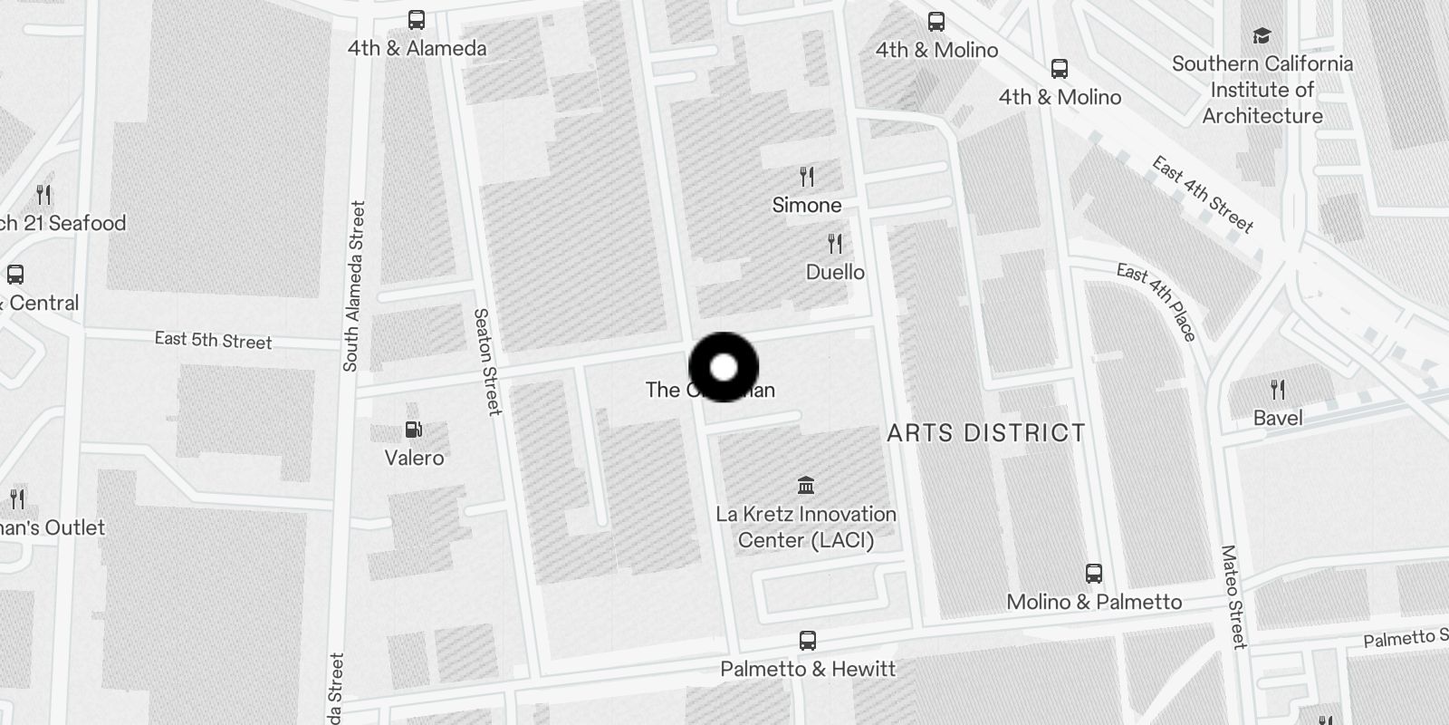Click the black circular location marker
(724, 367)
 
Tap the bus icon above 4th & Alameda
(417, 20)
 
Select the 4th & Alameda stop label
(417, 49)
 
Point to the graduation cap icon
(1262, 36)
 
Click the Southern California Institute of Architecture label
(1262, 90)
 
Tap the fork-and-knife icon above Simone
(807, 176)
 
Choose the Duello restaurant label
(835, 272)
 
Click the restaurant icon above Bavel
(1278, 390)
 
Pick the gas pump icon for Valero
(414, 430)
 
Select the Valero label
(414, 458)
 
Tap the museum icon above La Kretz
(806, 485)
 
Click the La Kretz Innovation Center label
(806, 527)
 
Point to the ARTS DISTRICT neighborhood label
(986, 433)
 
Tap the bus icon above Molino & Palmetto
(1094, 574)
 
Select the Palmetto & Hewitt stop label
(808, 669)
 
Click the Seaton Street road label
(487, 362)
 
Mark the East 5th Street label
(213, 341)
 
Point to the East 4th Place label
(1157, 301)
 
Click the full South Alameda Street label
(353, 285)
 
